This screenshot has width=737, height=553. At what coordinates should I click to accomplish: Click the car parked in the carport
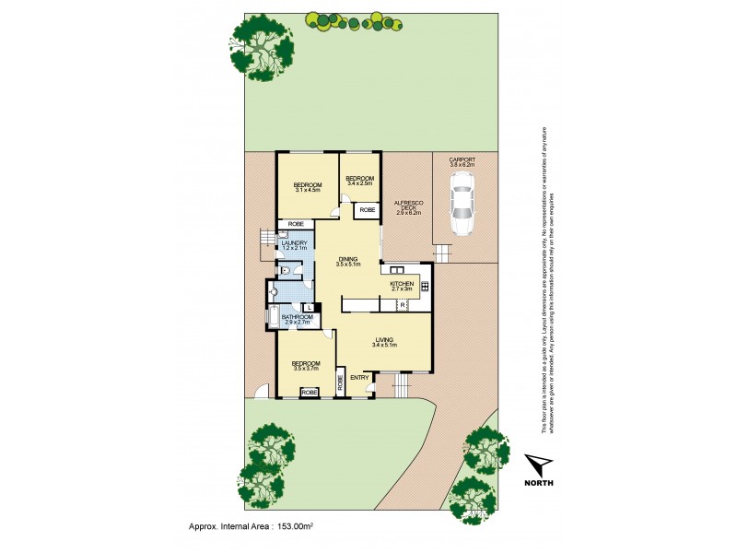point(462,204)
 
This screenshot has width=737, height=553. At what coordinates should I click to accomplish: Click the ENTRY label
point(359,377)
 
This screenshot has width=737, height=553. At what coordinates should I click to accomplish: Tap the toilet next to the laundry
point(287,270)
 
